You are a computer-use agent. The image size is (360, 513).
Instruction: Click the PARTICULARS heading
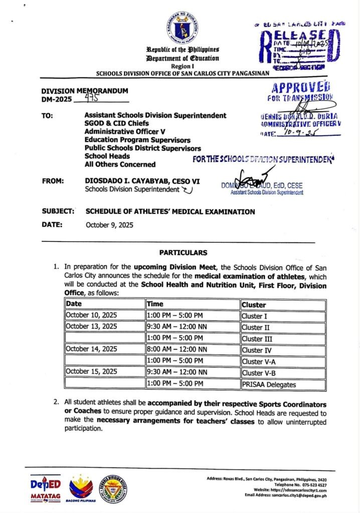183,252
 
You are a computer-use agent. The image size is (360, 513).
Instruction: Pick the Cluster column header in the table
254,304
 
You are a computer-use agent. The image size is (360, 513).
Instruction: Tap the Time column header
155,304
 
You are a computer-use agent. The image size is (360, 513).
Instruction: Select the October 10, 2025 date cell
90,316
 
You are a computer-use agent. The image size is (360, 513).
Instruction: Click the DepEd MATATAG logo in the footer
46,486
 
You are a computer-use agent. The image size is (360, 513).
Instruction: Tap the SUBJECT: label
58,211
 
